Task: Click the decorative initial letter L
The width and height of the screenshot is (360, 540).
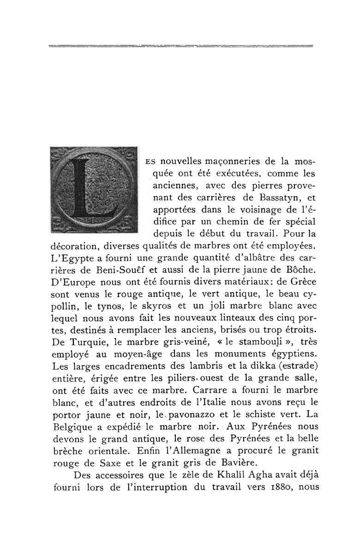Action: click(x=93, y=190)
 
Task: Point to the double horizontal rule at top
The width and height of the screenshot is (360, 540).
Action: click(x=180, y=46)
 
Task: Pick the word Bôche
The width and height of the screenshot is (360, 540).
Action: click(x=301, y=269)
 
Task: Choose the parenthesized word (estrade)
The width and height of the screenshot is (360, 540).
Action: click(x=288, y=368)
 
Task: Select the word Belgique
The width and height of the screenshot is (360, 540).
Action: click(x=67, y=431)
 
